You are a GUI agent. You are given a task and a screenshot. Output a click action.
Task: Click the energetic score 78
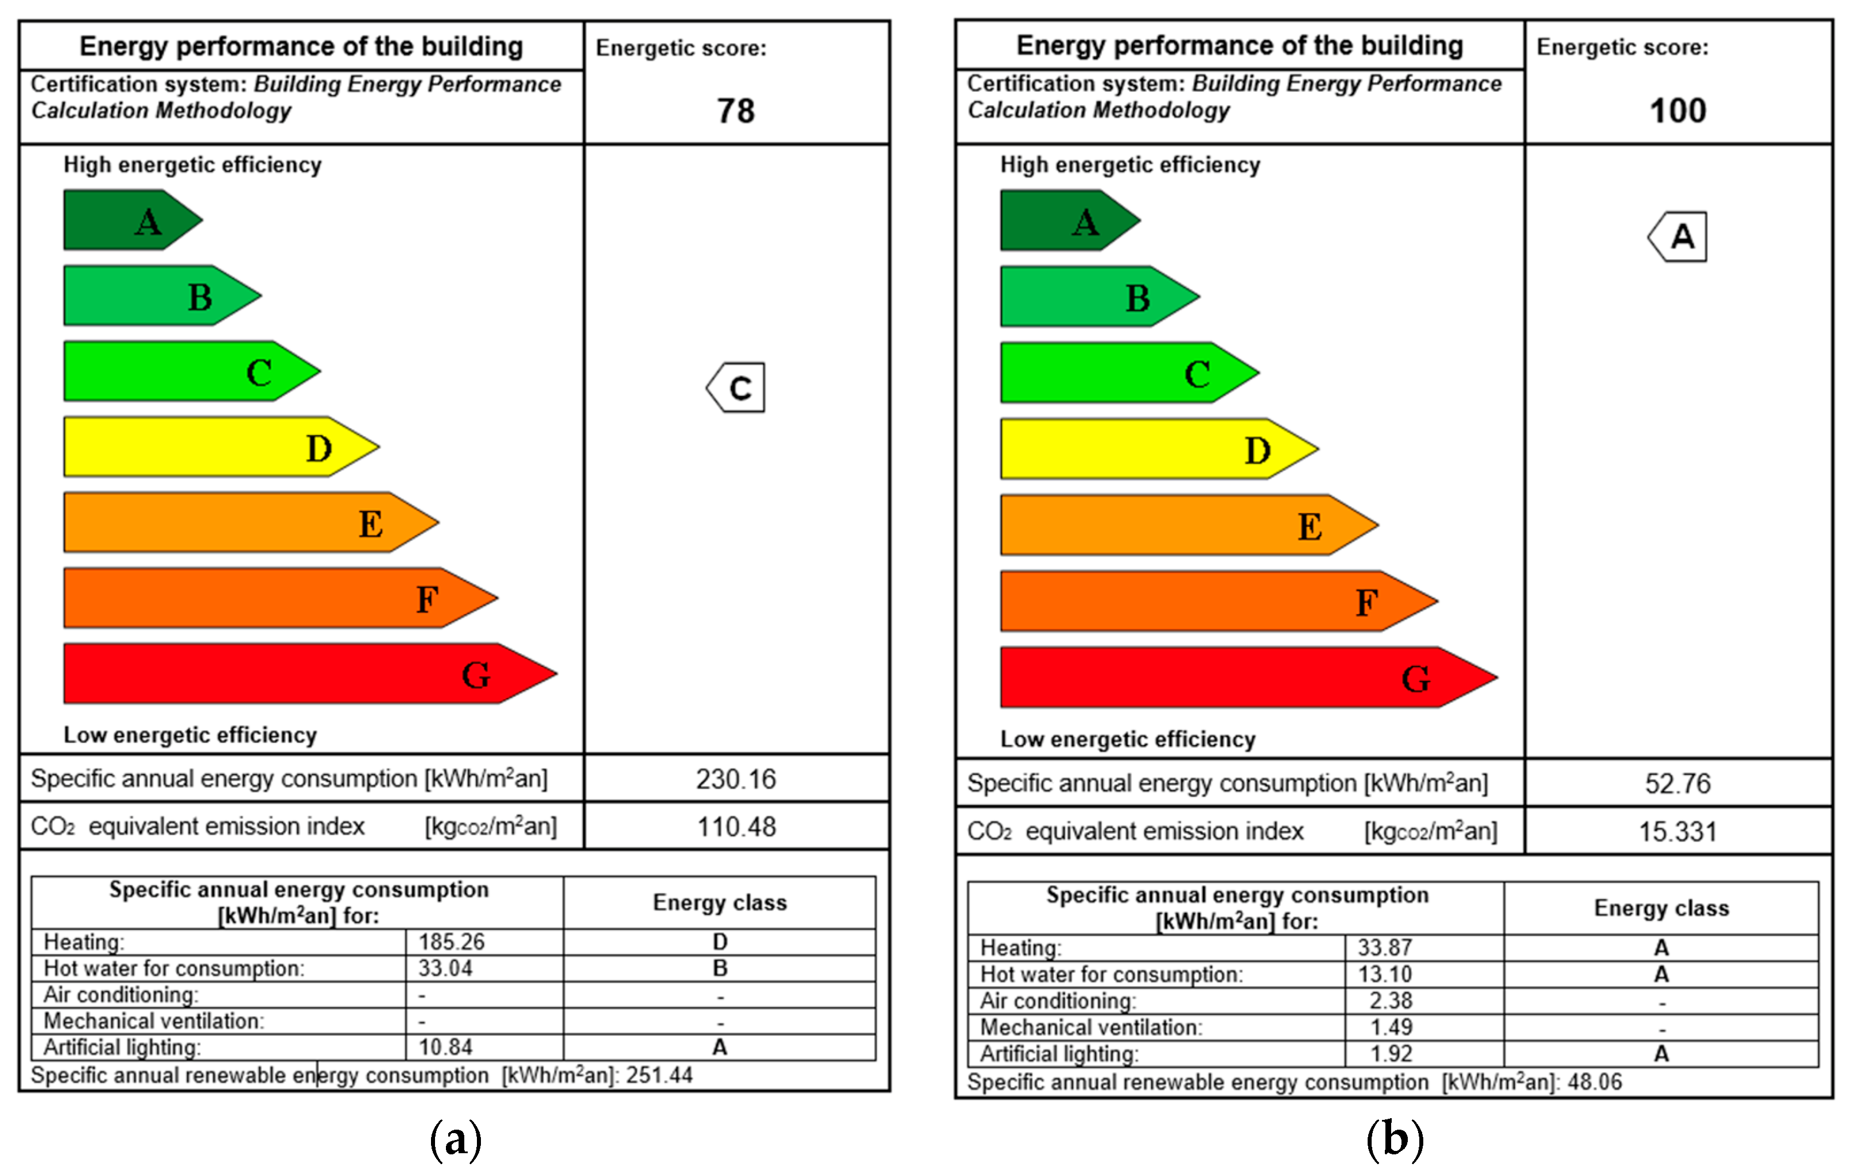736,111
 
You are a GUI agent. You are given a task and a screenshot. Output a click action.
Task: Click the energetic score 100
1678,111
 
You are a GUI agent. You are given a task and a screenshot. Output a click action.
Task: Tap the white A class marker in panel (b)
1678,237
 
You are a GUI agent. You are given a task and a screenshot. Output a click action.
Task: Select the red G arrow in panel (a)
308,674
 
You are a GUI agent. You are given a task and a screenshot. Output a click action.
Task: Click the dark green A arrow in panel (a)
131,221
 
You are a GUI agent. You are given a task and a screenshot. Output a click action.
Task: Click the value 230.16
736,780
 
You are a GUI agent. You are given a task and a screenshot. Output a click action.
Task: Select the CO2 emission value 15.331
1678,832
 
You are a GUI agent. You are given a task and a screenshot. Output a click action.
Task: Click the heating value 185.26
452,942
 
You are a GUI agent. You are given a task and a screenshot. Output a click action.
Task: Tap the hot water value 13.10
1384,974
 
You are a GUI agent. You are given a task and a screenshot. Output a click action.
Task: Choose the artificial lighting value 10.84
445,1047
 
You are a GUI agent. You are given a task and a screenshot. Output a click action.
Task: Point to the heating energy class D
720,942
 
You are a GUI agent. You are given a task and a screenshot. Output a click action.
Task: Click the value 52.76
1678,784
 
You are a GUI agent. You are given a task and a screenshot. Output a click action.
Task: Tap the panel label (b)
1395,1139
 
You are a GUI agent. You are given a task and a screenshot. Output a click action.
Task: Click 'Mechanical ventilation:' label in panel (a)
154,1021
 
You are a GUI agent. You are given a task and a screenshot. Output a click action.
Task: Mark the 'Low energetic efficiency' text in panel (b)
1128,739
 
